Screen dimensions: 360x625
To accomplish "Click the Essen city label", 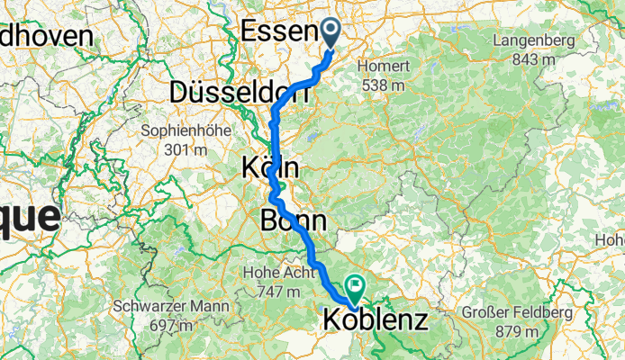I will pos(280,31).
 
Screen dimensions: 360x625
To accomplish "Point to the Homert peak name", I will pos(385,67).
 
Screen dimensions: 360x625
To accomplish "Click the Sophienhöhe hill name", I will pos(186,130).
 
